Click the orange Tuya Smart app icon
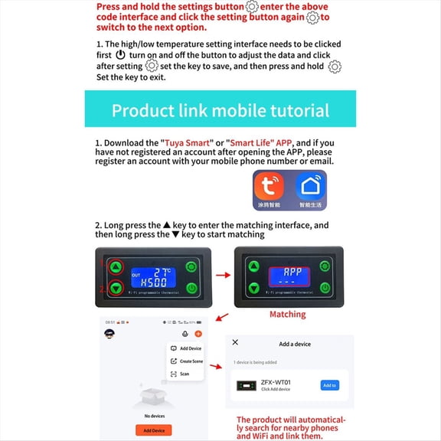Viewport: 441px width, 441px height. pyautogui.click(x=269, y=188)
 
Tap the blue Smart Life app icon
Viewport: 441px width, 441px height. pyautogui.click(x=311, y=188)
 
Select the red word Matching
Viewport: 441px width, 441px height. pyautogui.click(x=287, y=314)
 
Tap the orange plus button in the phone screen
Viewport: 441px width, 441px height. pyautogui.click(x=199, y=334)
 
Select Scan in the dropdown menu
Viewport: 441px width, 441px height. pyautogui.click(x=184, y=374)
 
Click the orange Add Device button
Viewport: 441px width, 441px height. pyautogui.click(x=153, y=431)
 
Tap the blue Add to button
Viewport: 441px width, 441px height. pyautogui.click(x=329, y=385)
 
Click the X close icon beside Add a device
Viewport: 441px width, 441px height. pyautogui.click(x=235, y=343)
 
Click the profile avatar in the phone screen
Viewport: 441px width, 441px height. pyautogui.click(x=109, y=334)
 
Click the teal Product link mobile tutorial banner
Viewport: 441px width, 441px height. pyautogui.click(x=220, y=109)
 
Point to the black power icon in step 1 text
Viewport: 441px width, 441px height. pyautogui.click(x=120, y=56)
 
